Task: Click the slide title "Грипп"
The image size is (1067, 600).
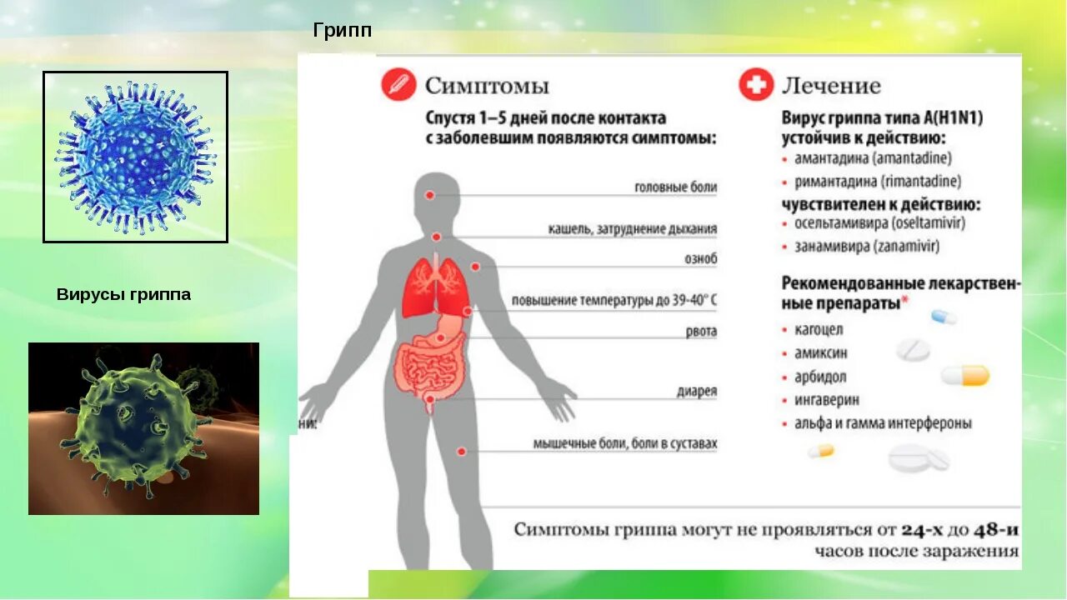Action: [x=342, y=32]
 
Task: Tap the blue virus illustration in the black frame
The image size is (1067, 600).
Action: [x=135, y=157]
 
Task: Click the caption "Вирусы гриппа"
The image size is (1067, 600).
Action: [x=123, y=294]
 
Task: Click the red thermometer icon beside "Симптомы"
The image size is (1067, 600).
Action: [x=398, y=85]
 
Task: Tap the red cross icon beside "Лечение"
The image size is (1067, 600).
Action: [x=755, y=85]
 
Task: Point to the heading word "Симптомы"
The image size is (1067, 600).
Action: [x=487, y=86]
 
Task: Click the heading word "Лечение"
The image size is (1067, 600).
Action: [x=831, y=86]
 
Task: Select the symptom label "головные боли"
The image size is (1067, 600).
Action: [x=675, y=188]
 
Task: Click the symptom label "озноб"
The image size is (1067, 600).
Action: [x=700, y=259]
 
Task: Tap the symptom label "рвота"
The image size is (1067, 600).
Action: [x=701, y=332]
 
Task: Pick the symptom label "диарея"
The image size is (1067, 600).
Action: [x=697, y=391]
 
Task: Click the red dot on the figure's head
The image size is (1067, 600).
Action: [x=430, y=194]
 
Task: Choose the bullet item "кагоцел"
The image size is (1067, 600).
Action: [x=819, y=329]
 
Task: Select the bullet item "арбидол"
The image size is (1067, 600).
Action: [x=820, y=376]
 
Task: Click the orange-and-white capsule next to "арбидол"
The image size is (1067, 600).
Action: [x=965, y=376]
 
